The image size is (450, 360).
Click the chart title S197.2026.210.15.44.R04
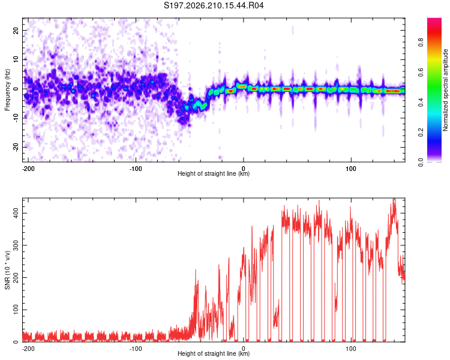point(214,5)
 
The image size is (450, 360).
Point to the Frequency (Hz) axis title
point(7,90)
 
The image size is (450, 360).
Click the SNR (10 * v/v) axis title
point(7,270)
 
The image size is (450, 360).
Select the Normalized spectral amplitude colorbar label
point(445,90)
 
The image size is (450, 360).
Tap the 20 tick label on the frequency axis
point(16,30)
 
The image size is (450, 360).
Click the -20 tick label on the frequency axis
point(16,147)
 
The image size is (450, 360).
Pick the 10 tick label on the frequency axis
point(16,59)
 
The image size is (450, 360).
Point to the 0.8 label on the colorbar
point(421,43)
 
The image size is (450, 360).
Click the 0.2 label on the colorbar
point(421,133)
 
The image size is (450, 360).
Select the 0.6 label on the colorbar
point(421,73)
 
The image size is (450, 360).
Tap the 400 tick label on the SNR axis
point(16,213)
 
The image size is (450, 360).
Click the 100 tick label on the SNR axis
point(16,310)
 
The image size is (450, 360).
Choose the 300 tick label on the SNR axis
point(16,245)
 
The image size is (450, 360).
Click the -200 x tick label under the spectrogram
point(28,169)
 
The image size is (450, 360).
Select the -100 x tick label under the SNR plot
point(136,349)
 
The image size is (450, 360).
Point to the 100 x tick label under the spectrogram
point(351,169)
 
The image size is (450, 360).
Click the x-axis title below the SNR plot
point(214,353)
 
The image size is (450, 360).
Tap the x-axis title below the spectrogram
point(214,173)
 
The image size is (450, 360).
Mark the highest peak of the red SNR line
point(394,198)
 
